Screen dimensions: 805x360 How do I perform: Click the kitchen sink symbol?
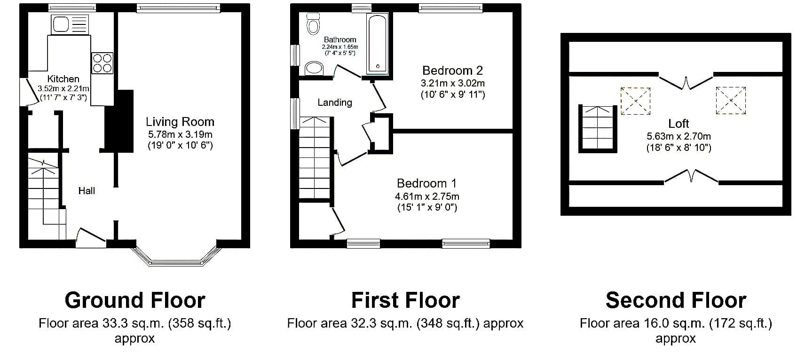click(x=70, y=24)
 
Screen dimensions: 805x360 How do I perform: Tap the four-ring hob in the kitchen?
click(x=102, y=63)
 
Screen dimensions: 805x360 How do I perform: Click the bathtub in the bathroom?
click(x=377, y=44)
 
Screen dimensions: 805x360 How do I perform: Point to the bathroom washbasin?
click(x=314, y=68)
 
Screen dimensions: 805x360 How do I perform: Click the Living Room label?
click(x=180, y=122)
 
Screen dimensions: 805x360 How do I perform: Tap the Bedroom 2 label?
click(x=452, y=70)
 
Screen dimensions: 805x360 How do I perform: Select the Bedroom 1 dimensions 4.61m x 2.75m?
click(x=427, y=196)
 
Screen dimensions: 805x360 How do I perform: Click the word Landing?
click(x=335, y=103)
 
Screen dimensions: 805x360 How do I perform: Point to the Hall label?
click(x=87, y=191)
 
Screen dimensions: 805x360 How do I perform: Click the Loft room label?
click(x=679, y=124)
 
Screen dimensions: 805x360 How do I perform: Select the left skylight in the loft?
click(x=635, y=102)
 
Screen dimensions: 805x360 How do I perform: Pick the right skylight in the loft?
click(x=731, y=101)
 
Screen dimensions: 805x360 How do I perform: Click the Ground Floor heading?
click(x=135, y=300)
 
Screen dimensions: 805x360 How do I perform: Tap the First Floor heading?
click(x=405, y=300)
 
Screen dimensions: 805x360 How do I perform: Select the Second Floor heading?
click(x=676, y=300)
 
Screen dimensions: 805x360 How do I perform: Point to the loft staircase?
click(x=598, y=129)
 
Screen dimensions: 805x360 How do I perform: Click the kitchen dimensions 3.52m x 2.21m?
click(x=63, y=88)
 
